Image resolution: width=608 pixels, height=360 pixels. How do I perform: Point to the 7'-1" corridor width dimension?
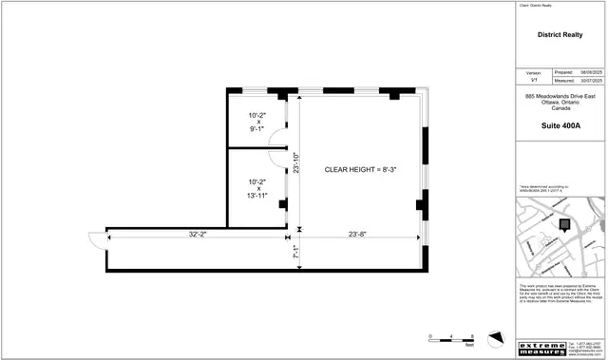296,253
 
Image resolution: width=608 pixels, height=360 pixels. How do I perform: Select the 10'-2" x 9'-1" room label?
257,121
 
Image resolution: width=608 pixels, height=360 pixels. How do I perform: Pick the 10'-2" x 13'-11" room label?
257,188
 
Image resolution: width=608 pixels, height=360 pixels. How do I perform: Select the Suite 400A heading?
560,126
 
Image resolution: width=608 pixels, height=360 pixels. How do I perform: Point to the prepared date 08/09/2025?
590,72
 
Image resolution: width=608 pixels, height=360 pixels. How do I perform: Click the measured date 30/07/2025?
590,81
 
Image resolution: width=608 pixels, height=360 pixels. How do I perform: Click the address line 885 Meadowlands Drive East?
560,97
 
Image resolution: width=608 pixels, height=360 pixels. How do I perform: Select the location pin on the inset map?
564,225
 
